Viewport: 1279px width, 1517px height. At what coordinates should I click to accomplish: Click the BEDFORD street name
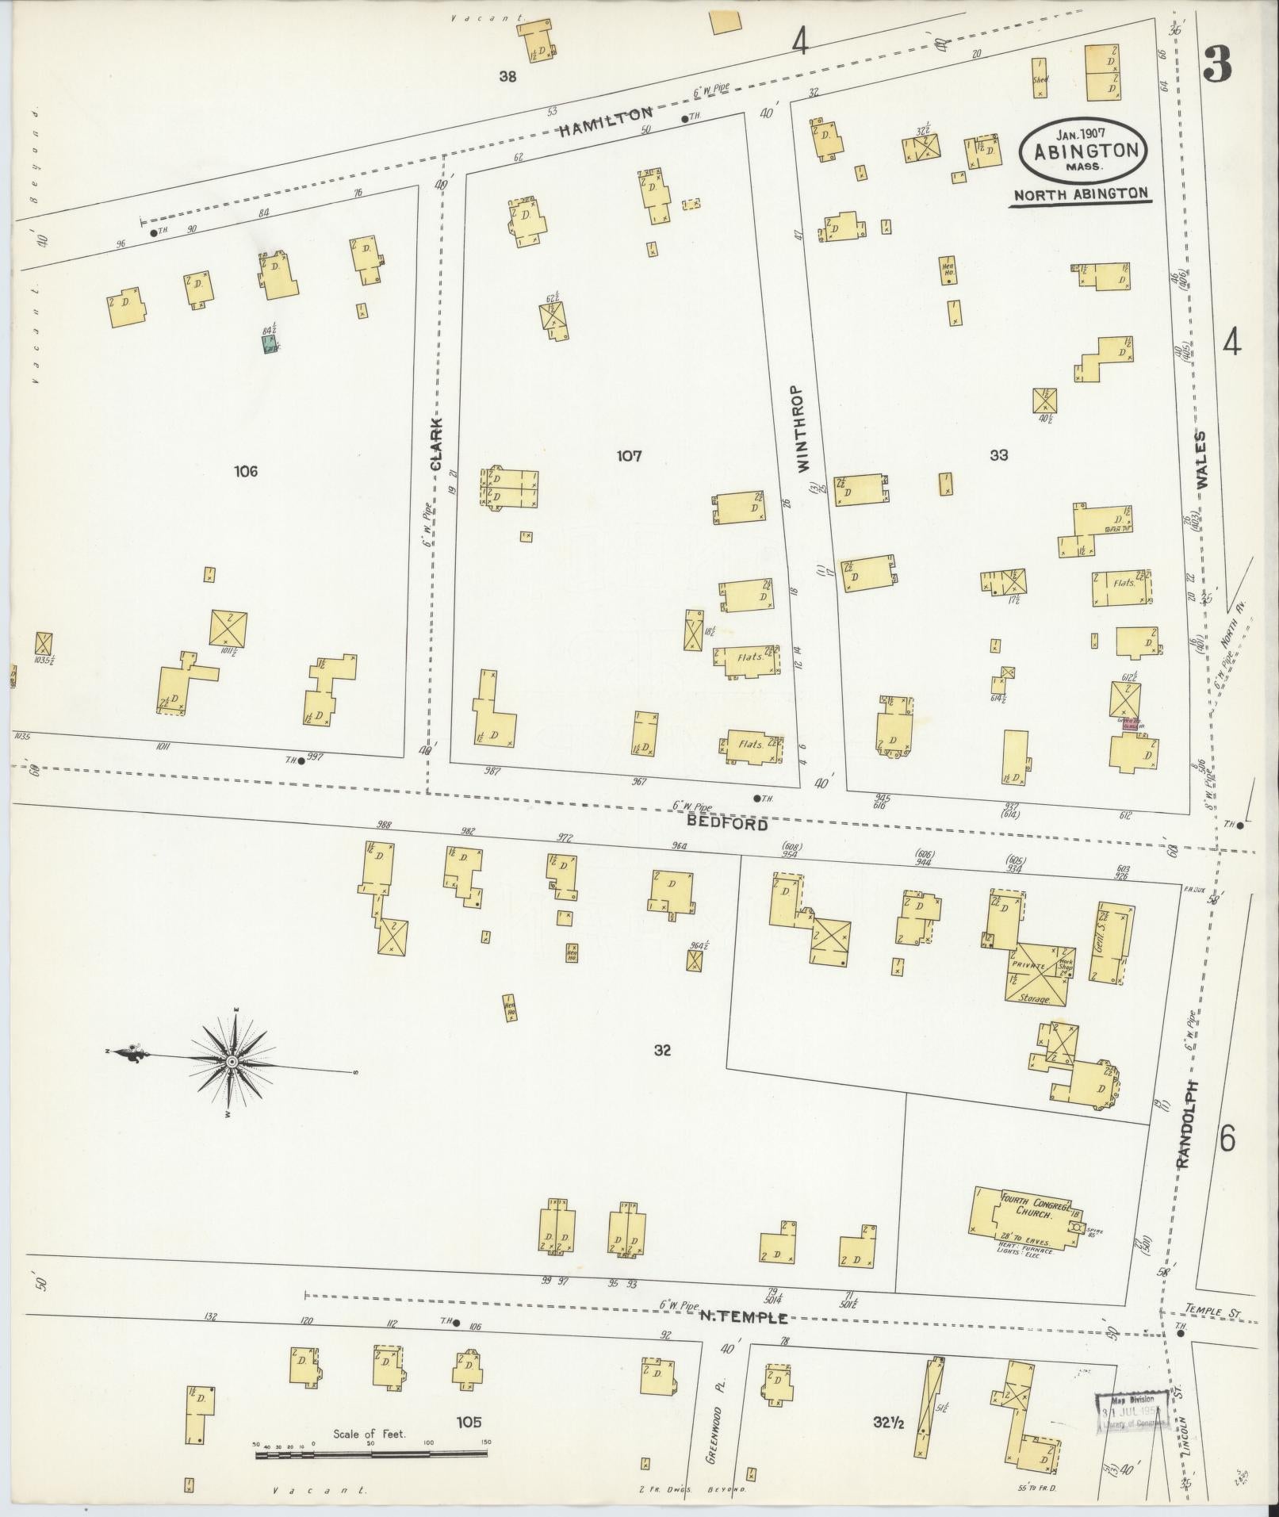click(x=727, y=824)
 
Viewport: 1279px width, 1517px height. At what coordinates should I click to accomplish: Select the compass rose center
click(x=232, y=1061)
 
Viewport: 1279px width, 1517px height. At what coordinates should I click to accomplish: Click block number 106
click(x=246, y=471)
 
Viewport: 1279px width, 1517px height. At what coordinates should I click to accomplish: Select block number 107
click(x=629, y=456)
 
